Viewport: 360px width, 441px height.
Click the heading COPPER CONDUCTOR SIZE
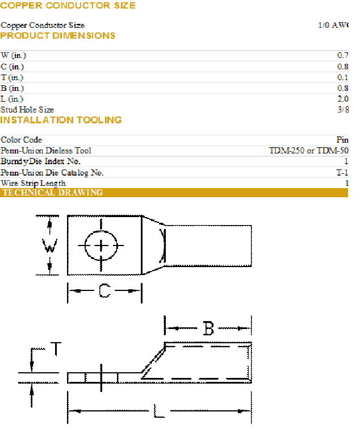click(68, 6)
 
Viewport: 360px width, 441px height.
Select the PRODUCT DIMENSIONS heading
click(58, 36)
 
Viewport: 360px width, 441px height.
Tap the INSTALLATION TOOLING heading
click(61, 120)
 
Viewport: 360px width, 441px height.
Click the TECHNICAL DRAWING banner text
click(53, 193)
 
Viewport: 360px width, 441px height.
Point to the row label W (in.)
click(14, 56)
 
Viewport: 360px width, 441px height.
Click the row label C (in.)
click(12, 66)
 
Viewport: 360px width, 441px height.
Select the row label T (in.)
click(12, 77)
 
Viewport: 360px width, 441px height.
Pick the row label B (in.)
click(12, 88)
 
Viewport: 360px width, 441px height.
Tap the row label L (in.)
click(12, 99)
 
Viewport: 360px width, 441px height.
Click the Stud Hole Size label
click(27, 110)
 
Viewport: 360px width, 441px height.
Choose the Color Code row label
click(22, 140)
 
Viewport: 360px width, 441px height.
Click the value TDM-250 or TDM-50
click(308, 151)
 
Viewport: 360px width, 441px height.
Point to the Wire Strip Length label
click(34, 183)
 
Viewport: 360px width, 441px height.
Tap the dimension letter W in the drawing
click(51, 247)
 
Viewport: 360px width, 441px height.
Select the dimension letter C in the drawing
click(104, 291)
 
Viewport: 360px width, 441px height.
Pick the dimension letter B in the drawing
click(208, 328)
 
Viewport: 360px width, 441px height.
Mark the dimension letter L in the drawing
click(160, 411)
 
